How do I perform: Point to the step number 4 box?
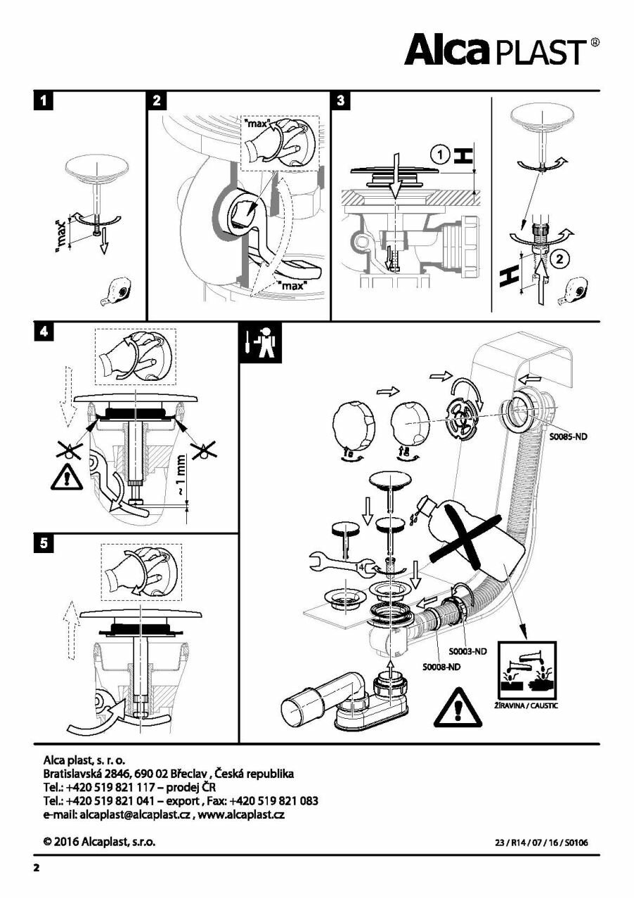[x=44, y=333]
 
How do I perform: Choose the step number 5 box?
[x=44, y=545]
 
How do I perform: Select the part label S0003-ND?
[x=468, y=651]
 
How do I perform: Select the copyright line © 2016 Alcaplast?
[x=99, y=840]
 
